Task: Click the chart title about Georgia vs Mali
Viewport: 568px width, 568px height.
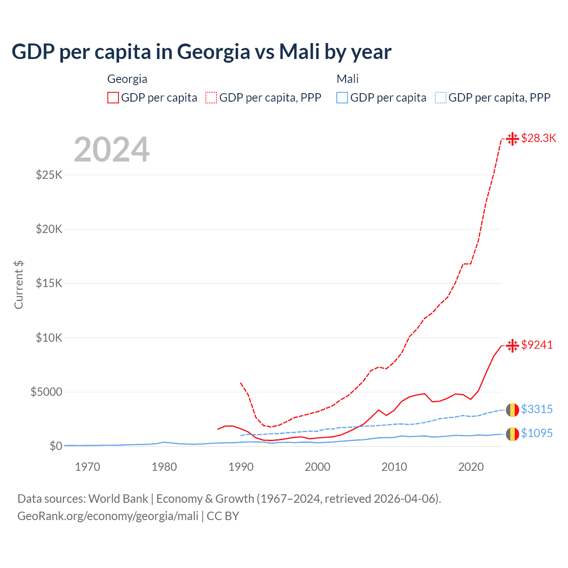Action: pyautogui.click(x=201, y=51)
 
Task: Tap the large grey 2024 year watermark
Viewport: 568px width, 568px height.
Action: pyautogui.click(x=111, y=150)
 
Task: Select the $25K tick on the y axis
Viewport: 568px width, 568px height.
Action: pyautogui.click(x=49, y=175)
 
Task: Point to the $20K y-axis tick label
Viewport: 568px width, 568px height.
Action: pyautogui.click(x=49, y=229)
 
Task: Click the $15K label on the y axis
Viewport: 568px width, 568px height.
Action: pyautogui.click(x=49, y=284)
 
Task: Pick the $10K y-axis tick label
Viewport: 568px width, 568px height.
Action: pyautogui.click(x=49, y=338)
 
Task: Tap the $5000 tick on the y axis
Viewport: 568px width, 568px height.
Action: pyautogui.click(x=47, y=392)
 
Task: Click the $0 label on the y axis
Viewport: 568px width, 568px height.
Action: pyautogui.click(x=55, y=446)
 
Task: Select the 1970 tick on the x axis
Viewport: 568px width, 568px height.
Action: pyautogui.click(x=87, y=467)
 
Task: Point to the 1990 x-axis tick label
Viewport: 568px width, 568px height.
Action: pyautogui.click(x=241, y=467)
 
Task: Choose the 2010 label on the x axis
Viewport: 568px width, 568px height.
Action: pyautogui.click(x=394, y=467)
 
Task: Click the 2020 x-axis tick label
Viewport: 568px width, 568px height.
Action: pyautogui.click(x=471, y=467)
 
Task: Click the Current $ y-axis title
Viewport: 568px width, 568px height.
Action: pyautogui.click(x=19, y=285)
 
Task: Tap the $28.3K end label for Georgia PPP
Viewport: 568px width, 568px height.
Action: pyautogui.click(x=538, y=138)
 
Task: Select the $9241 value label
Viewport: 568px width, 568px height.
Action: pyautogui.click(x=537, y=345)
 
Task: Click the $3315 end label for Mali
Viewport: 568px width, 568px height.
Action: pyautogui.click(x=537, y=409)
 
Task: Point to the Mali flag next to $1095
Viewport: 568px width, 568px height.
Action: pyautogui.click(x=513, y=434)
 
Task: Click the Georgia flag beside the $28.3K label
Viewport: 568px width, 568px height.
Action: pyautogui.click(x=513, y=139)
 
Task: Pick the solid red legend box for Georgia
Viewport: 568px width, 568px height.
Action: pyautogui.click(x=113, y=98)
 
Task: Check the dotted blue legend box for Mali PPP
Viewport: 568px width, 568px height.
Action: pyautogui.click(x=441, y=98)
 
